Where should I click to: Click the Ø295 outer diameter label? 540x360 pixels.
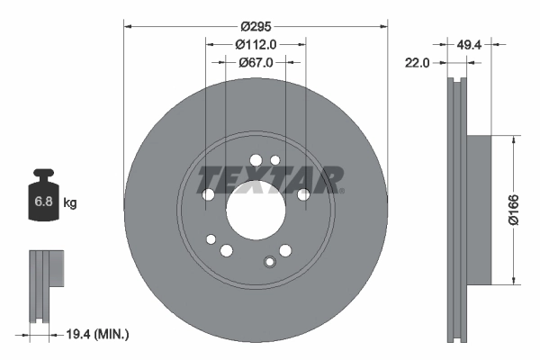tap(255, 26)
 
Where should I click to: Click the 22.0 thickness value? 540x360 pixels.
tap(415, 62)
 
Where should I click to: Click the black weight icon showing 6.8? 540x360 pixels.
tap(42, 199)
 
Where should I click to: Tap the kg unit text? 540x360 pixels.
tap(70, 203)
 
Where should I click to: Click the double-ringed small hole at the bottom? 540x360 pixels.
tap(267, 262)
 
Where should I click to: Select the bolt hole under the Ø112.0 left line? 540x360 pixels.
tap(207, 194)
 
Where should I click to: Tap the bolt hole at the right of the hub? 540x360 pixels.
tap(303, 193)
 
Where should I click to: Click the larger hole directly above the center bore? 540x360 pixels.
tap(255, 161)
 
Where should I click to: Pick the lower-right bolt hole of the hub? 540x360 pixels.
tap(285, 250)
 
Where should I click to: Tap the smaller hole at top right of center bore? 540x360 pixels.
tap(275, 159)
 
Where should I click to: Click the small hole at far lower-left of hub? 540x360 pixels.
tap(211, 239)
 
